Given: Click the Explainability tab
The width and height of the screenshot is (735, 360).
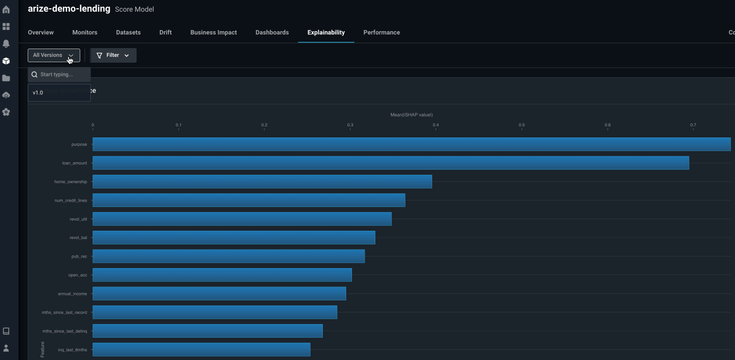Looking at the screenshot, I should point(326,33).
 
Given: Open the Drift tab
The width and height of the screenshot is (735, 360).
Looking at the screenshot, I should point(165,33).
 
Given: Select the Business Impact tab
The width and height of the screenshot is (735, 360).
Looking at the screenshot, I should point(213,33).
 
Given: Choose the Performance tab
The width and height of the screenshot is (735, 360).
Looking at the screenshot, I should point(382,33).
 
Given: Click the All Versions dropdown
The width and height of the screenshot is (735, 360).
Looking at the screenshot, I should point(53,55).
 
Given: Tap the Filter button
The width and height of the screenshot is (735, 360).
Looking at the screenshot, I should point(113,55).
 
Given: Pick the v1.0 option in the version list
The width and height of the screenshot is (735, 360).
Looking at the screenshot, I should point(38,93).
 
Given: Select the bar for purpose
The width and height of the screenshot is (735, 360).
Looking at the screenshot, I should point(411,144).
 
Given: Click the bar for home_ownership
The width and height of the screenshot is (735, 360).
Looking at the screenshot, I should point(262,182).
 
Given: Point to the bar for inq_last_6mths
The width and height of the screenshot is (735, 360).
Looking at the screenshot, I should point(201,349).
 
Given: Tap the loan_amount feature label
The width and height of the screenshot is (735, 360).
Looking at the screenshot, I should point(74,163).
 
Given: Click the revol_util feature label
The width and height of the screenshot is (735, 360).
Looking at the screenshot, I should point(78,219).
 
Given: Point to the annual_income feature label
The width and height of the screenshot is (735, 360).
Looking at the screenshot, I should point(72,294).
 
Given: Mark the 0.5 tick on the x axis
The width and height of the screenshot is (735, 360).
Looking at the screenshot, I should point(522,125).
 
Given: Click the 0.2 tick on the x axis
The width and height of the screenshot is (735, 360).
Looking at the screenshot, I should point(264,125).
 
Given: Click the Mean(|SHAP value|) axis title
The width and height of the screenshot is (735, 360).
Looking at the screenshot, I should point(411,115).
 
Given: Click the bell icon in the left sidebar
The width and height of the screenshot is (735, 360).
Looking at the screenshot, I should point(6,44).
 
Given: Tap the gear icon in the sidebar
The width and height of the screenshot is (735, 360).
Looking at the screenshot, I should point(6,112).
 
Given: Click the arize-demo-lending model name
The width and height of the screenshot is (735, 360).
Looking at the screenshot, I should point(69,9).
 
